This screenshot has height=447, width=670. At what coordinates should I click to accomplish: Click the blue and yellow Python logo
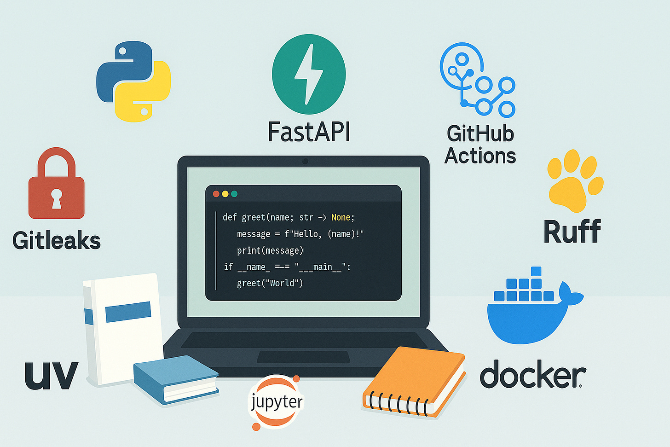click(x=133, y=81)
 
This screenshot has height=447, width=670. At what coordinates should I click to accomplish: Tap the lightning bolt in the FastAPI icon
click(x=308, y=74)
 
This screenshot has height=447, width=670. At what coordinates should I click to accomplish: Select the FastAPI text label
click(x=309, y=132)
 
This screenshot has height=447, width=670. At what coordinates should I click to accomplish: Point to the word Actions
click(x=480, y=156)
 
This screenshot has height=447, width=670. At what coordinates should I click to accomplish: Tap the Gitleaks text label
click(x=57, y=240)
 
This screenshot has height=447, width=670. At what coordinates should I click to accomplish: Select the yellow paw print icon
click(x=574, y=180)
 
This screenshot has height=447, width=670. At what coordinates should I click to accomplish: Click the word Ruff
click(x=572, y=231)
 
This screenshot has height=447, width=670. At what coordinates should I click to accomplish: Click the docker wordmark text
click(x=533, y=375)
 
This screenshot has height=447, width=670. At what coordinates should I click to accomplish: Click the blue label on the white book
click(x=128, y=312)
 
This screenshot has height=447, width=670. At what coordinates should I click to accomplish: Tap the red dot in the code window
click(x=216, y=194)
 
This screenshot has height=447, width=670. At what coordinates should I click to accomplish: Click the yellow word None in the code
click(x=341, y=217)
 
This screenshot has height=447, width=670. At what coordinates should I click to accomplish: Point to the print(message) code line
click(x=270, y=250)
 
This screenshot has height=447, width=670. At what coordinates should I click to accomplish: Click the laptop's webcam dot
click(x=305, y=161)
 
